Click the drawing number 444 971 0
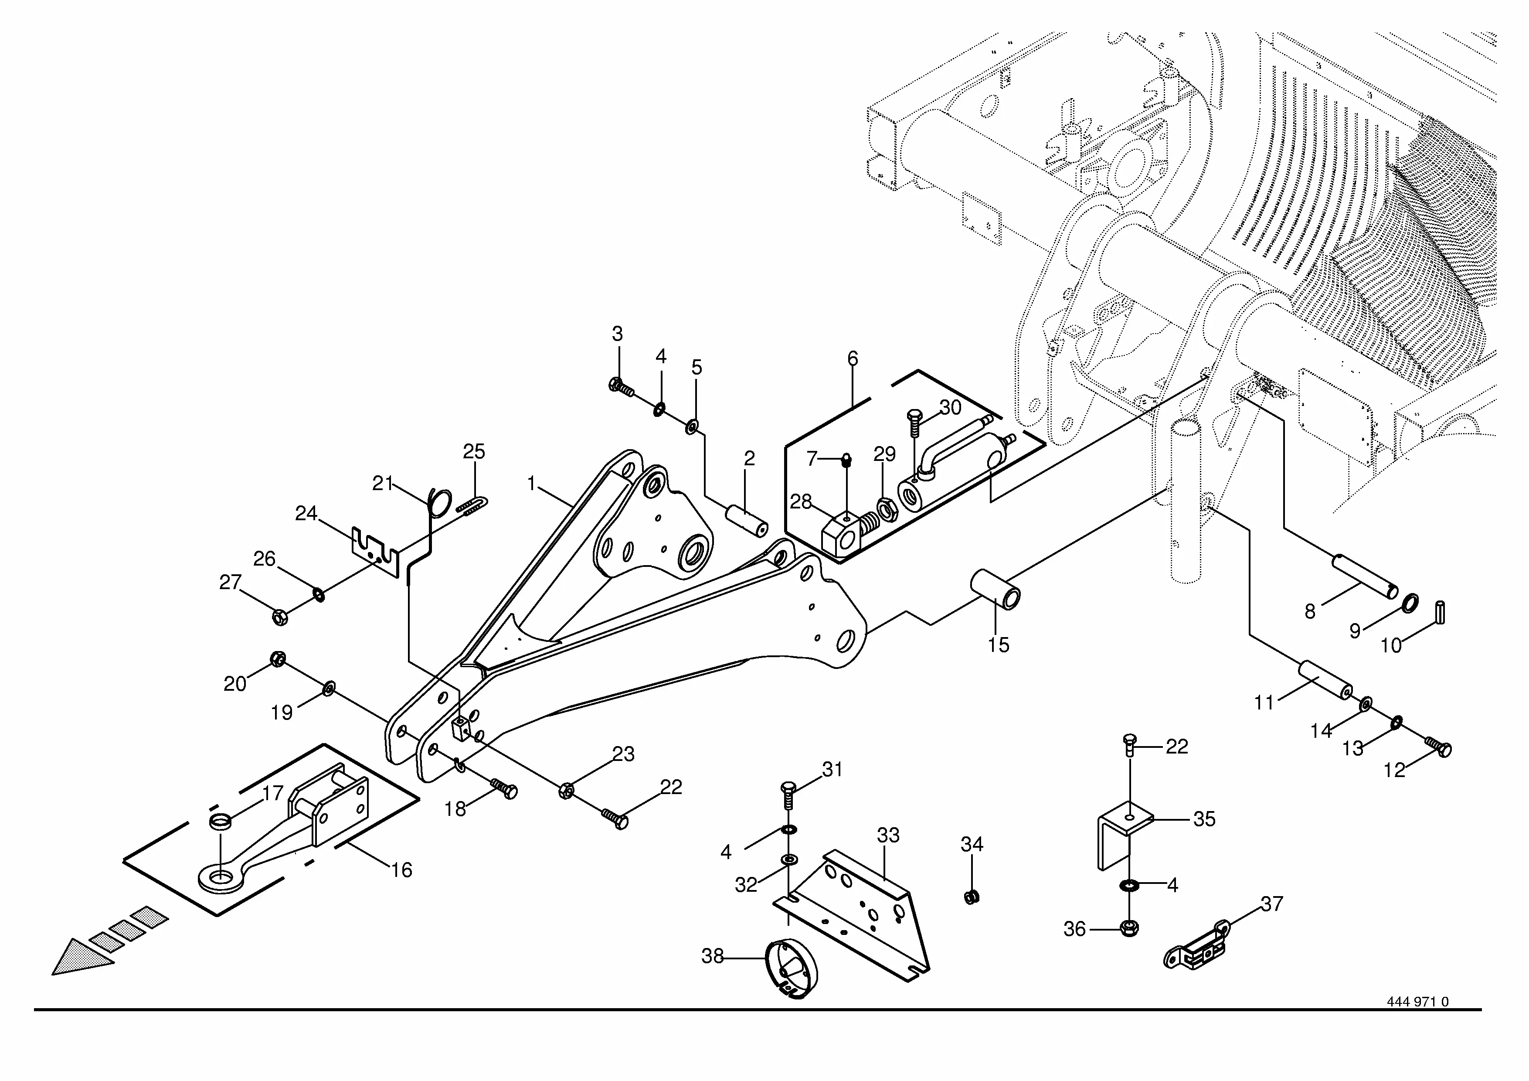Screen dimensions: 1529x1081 click(1417, 1020)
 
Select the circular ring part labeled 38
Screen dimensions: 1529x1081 click(792, 967)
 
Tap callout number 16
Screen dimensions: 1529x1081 click(401, 870)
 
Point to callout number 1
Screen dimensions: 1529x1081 click(531, 484)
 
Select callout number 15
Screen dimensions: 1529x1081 click(998, 645)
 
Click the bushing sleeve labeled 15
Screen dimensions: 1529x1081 click(995, 589)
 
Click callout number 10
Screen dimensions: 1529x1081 click(1391, 645)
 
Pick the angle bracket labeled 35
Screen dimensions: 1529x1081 click(1125, 836)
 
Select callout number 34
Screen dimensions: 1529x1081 click(972, 845)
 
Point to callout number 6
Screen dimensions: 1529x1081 click(853, 359)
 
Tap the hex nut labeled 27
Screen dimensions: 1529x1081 click(280, 617)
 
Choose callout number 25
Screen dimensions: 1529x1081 click(474, 452)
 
